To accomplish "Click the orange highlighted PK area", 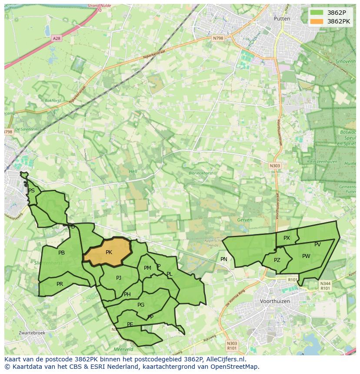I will coord(108,252).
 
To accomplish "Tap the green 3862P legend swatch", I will coord(317,12).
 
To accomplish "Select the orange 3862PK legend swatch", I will coord(317,21).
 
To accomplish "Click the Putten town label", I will coord(282,19).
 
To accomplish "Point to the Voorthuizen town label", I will coord(274,301).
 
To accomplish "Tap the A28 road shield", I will coord(57,38).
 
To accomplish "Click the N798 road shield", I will coord(218,38).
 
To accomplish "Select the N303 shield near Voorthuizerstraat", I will coord(275,165).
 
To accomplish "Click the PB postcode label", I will coord(61,253).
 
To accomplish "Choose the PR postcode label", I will coord(60,284).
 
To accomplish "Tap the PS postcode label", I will coord(31,191).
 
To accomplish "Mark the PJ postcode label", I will coord(119,278).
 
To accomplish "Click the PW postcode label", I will coord(306,256).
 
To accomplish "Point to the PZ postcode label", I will coord(277,260).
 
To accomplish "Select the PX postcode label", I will coord(287,238).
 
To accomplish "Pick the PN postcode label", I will coord(224,259).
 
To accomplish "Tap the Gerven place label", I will coord(245,220).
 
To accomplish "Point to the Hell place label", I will coord(133,172).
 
